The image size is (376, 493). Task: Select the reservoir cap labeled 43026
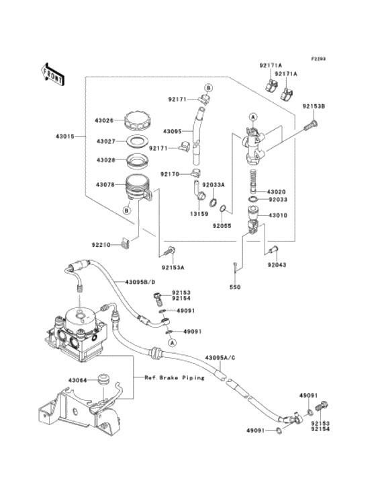pos(138,121)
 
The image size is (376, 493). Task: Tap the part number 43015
pos(65,137)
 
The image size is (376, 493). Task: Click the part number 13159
pos(199,213)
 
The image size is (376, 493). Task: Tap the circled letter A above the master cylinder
pos(253,117)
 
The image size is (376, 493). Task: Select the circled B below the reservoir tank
pos(127,210)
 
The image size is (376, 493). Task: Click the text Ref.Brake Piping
pos(175,377)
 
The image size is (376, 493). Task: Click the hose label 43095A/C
pos(220,358)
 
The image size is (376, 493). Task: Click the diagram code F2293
pos(318,59)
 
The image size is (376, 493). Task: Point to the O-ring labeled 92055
pos(223,208)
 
